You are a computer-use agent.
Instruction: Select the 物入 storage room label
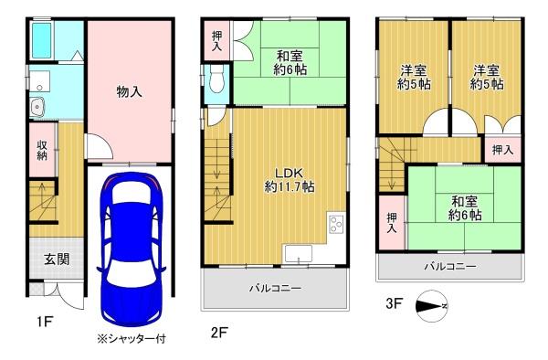(129, 92)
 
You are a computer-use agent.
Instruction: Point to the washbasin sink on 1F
(37, 109)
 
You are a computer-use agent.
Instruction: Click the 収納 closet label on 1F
(42, 150)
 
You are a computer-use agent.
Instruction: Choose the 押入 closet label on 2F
(216, 40)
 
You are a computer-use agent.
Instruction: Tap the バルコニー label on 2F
(276, 289)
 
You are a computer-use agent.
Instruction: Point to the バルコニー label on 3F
(448, 268)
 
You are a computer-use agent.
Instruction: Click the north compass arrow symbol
(429, 306)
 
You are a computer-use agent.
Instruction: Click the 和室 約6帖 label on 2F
(291, 59)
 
